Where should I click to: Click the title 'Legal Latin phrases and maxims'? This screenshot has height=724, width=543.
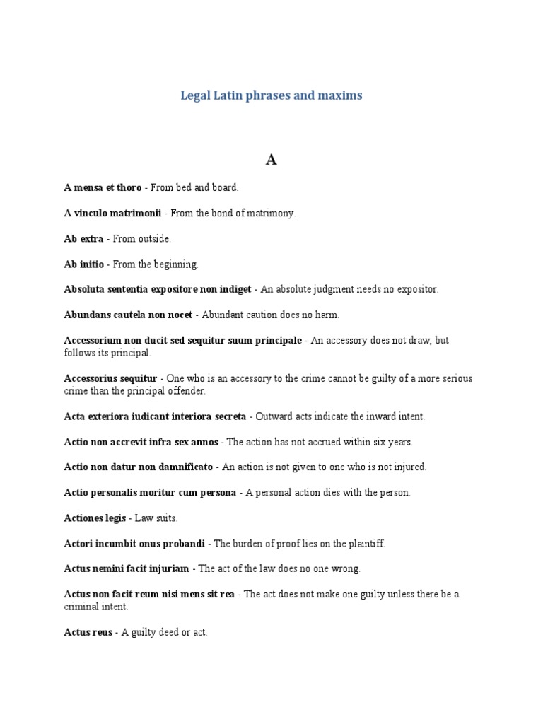point(271,95)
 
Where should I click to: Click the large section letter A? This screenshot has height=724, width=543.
point(271,160)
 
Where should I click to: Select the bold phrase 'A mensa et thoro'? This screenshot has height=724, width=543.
point(103,187)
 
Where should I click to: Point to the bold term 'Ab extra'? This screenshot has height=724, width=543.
point(83,238)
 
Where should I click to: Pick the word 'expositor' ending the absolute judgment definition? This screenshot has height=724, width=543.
point(418,289)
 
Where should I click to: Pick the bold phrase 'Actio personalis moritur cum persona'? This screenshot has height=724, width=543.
point(150,493)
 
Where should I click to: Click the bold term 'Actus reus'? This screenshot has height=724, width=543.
point(88,632)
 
